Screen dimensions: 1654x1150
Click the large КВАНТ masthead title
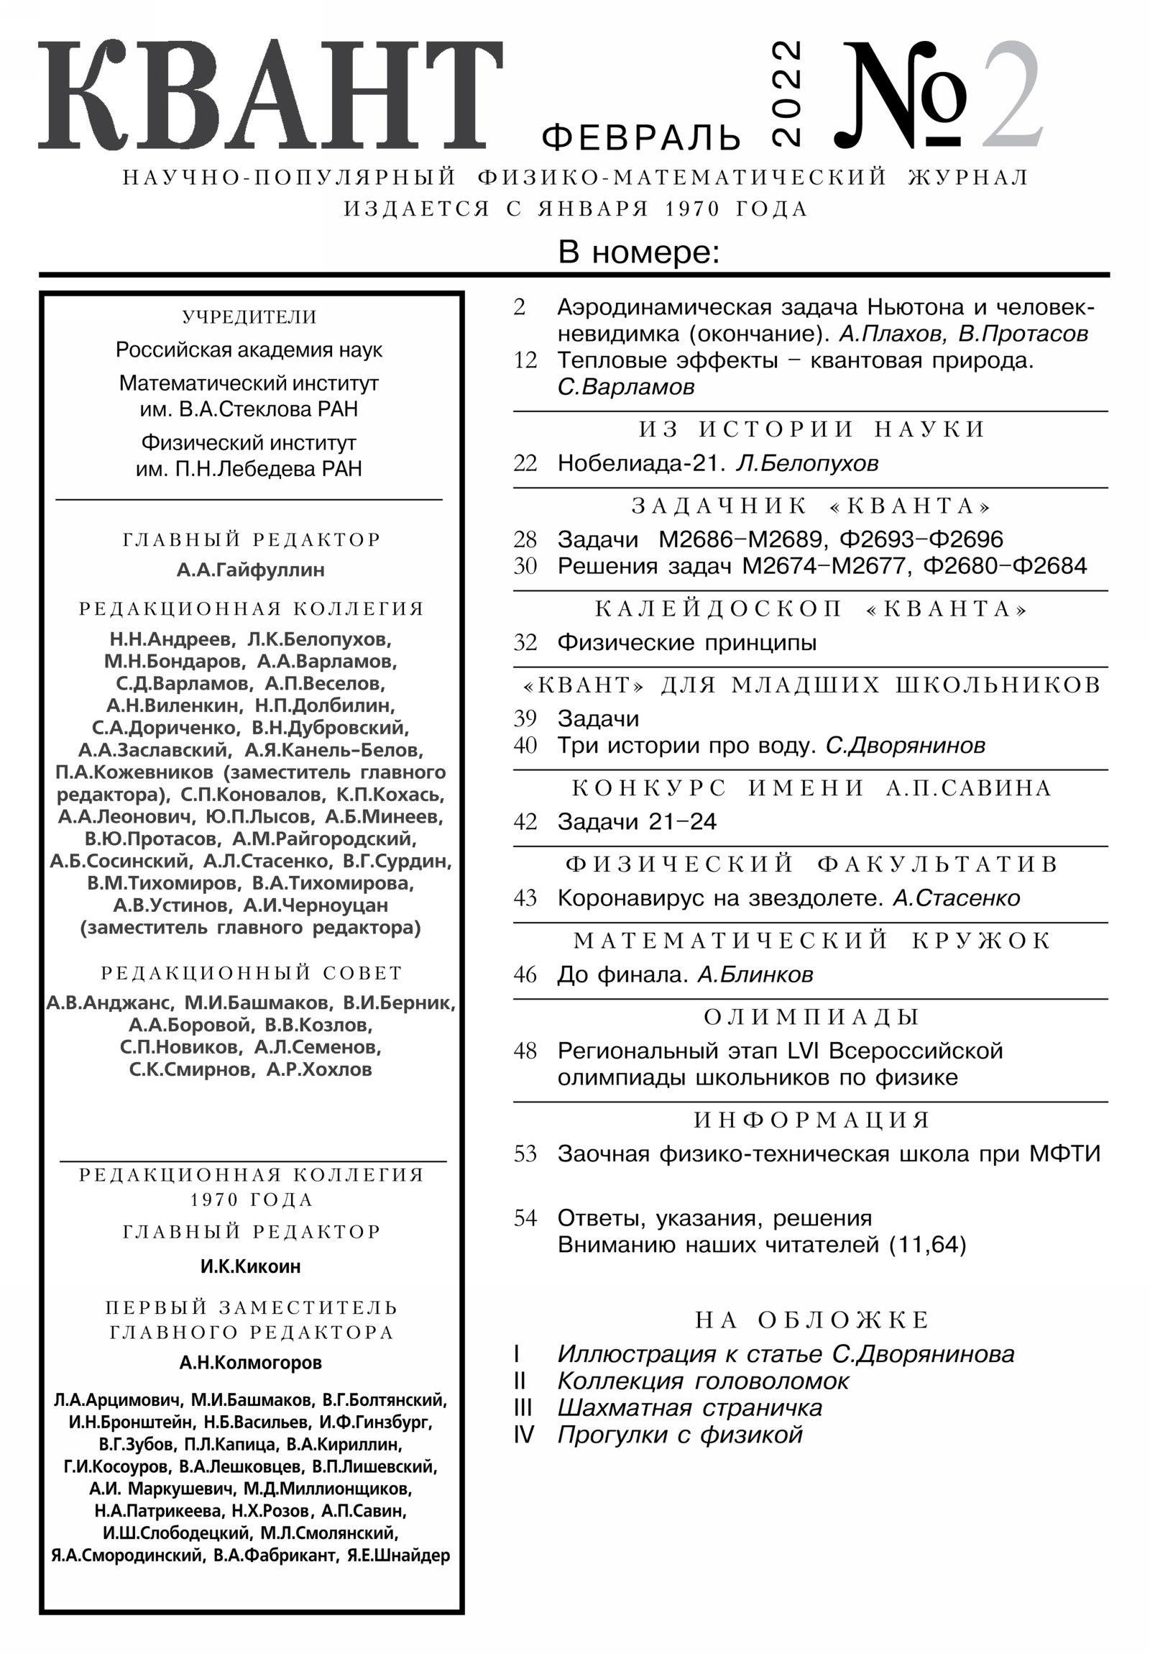click(x=270, y=95)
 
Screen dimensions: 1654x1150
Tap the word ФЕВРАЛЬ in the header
click(x=641, y=137)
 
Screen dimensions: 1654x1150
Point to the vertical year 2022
click(x=786, y=93)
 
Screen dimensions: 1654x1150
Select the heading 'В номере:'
click(x=639, y=253)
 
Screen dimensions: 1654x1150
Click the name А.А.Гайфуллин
click(x=251, y=570)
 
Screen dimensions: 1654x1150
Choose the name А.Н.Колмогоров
click(x=251, y=1362)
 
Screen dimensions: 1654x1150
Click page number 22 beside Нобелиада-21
click(x=525, y=463)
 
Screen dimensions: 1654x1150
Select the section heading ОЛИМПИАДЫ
click(x=811, y=1017)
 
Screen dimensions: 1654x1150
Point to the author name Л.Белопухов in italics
click(x=806, y=463)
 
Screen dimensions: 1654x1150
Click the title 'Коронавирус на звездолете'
click(x=720, y=898)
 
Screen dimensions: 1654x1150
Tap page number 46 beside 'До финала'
click(x=525, y=974)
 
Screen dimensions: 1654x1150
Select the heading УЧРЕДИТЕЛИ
click(x=249, y=317)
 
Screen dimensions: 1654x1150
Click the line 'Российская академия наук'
click(x=249, y=350)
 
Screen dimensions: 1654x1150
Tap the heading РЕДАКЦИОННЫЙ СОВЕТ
click(x=251, y=973)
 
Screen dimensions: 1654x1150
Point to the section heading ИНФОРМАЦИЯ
click(x=811, y=1120)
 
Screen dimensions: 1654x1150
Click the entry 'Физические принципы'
click(x=687, y=643)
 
